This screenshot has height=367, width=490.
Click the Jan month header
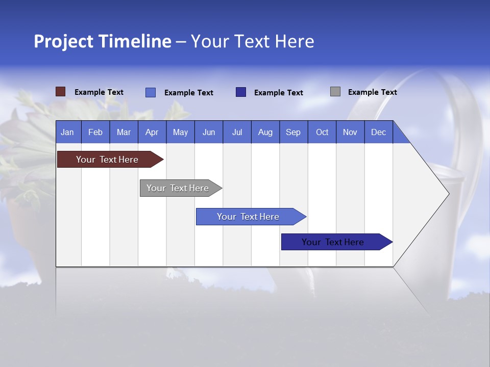[68, 132]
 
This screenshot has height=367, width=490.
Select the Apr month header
[152, 132]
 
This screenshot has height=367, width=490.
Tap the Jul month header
[237, 132]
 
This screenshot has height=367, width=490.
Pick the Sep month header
[293, 132]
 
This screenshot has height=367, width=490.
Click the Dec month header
[379, 132]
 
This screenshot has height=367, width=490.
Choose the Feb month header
[95, 132]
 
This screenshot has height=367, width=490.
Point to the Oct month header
[322, 132]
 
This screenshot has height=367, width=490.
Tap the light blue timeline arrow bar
[249, 217]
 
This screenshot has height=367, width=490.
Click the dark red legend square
[60, 92]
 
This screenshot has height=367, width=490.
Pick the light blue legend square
[151, 92]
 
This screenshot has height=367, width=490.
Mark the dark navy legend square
[241, 92]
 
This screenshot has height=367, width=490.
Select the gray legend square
[335, 92]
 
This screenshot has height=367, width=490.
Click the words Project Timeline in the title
[102, 41]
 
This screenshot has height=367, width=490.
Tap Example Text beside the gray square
[372, 92]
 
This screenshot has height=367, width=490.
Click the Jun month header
[209, 132]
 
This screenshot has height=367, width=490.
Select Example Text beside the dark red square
[99, 92]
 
